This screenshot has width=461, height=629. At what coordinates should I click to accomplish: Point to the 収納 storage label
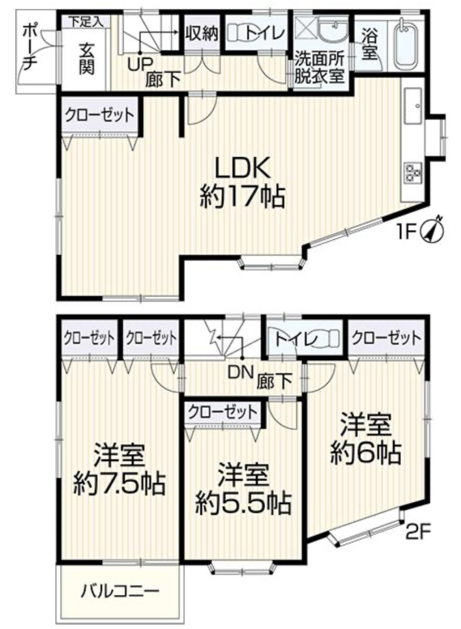click(x=202, y=34)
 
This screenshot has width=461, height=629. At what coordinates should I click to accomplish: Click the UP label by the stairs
click(x=139, y=65)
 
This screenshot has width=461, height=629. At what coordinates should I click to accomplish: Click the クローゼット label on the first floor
click(x=100, y=115)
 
